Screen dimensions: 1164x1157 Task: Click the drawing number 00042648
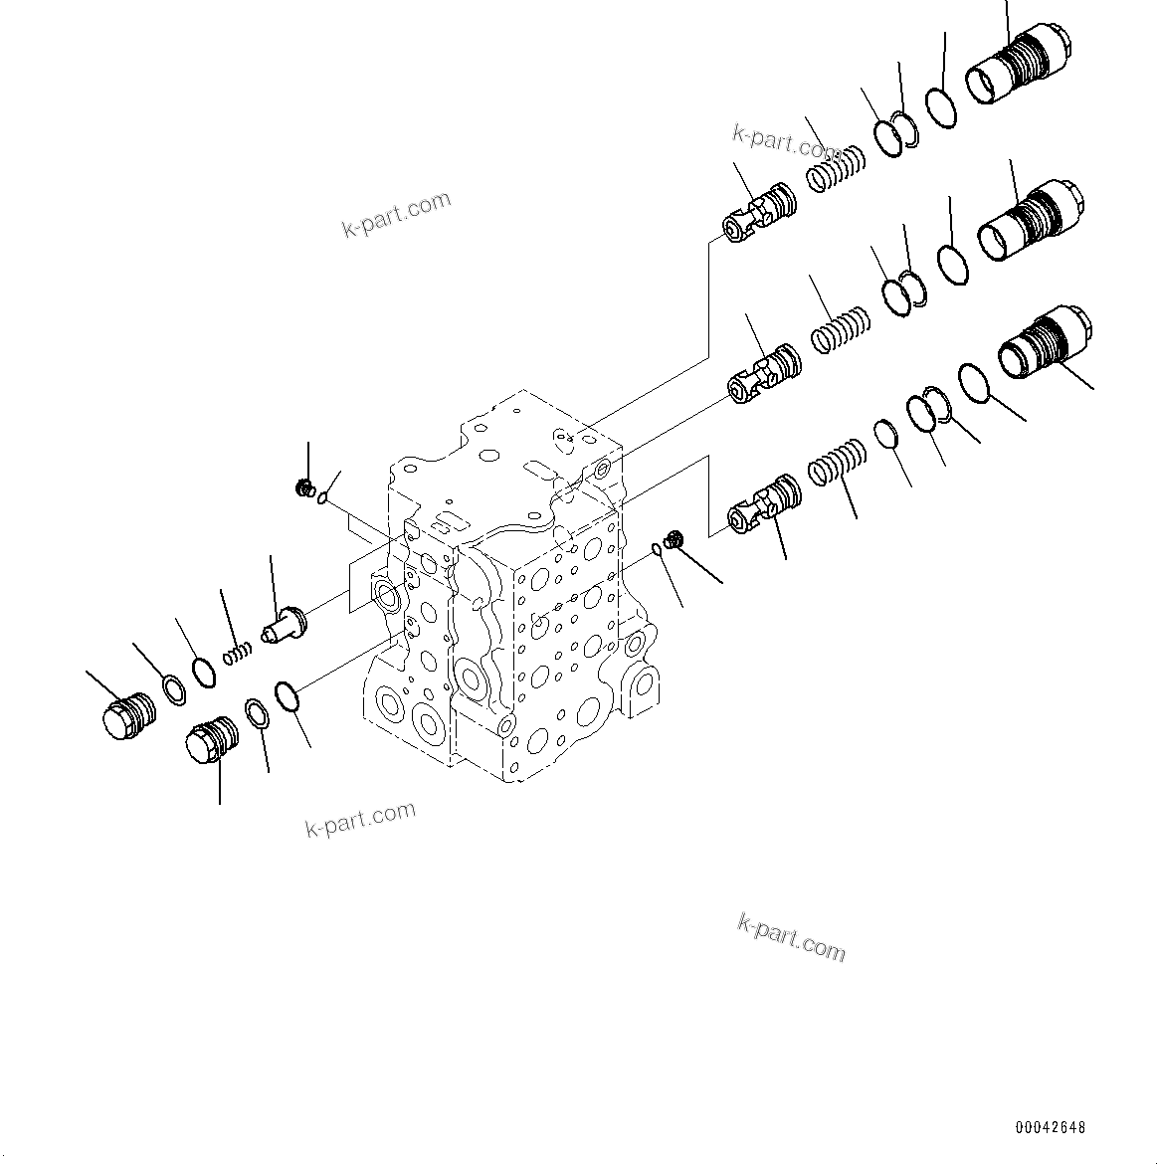click(1050, 1127)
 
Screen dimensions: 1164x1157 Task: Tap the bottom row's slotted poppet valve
click(764, 505)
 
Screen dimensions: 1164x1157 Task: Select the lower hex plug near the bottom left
click(211, 742)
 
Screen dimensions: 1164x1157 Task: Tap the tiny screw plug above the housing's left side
click(304, 487)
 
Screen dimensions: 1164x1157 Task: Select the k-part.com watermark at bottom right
click(791, 937)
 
